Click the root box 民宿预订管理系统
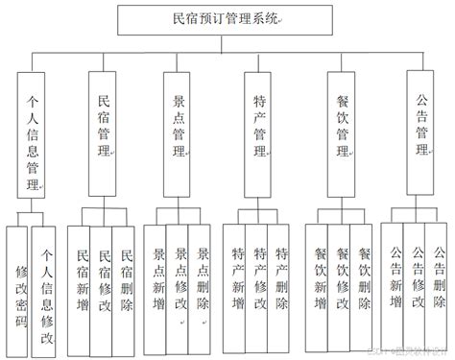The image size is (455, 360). coord(227,18)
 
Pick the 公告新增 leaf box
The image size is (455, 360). coord(395,278)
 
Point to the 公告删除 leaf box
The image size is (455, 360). coord(439,278)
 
